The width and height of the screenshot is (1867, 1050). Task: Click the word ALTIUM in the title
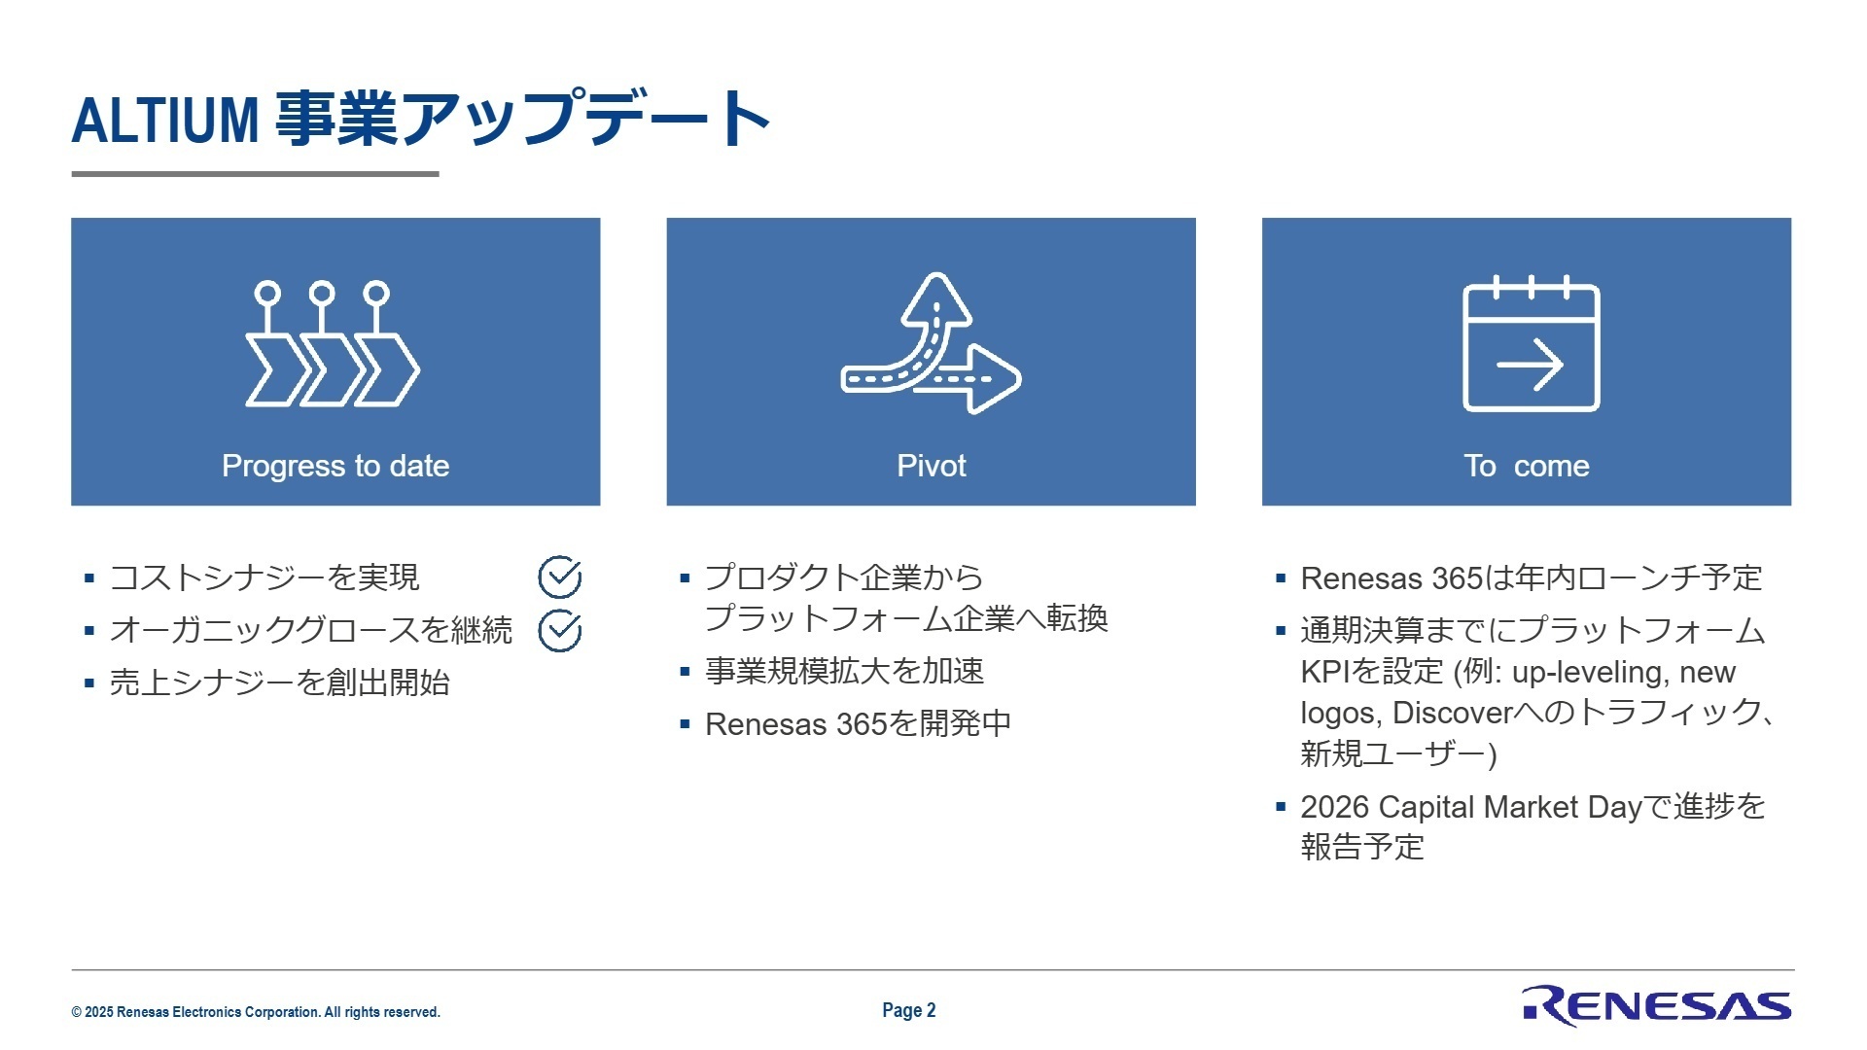(165, 121)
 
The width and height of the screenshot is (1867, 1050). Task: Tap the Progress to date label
(335, 466)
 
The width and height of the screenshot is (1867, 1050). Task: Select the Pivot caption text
(931, 466)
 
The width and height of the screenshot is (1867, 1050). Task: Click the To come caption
(1526, 466)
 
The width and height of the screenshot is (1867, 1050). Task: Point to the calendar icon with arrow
(1531, 344)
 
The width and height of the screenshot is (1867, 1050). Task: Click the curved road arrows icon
(931, 344)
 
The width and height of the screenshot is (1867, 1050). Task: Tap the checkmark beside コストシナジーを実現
(560, 577)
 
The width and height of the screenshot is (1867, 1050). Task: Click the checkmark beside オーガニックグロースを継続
(560, 631)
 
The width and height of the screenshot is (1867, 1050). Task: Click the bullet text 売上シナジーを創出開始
(279, 682)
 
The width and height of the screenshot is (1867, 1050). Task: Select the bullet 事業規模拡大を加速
(844, 671)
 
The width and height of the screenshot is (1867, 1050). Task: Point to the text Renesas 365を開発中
(858, 724)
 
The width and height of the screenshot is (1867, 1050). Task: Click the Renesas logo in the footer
(1656, 1006)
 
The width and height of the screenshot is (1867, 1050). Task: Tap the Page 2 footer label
(908, 1010)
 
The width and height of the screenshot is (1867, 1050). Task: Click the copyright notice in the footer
(256, 1012)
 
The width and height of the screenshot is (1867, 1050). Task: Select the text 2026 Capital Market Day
(1470, 807)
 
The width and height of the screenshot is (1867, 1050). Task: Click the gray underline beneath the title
(255, 174)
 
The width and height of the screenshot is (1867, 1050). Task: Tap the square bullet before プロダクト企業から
(685, 578)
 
